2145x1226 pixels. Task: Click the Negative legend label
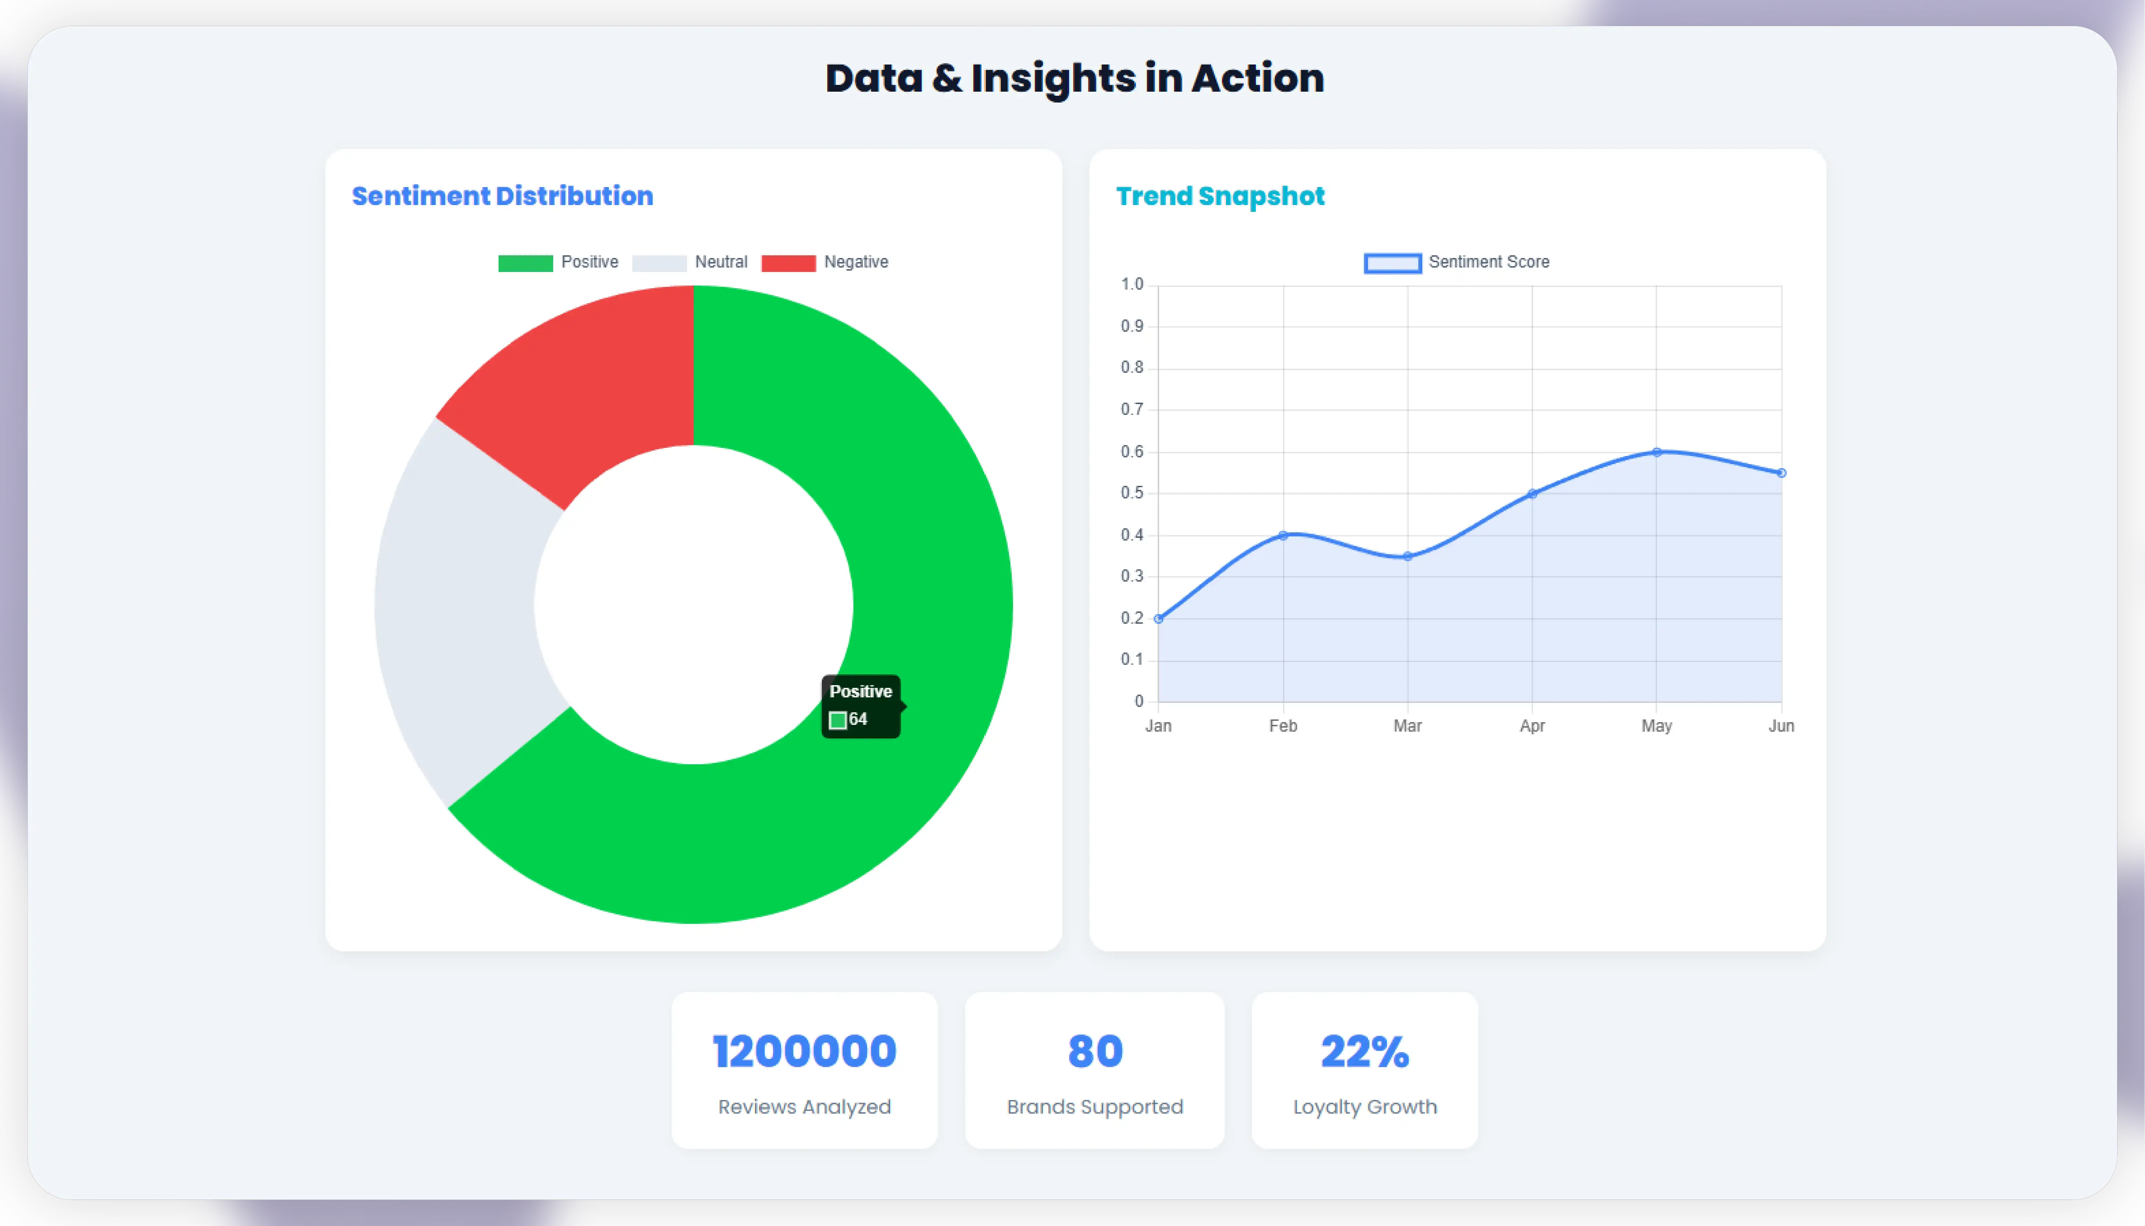click(x=855, y=262)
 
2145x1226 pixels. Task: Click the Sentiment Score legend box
click(x=1392, y=263)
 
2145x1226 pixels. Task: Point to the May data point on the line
click(x=1657, y=452)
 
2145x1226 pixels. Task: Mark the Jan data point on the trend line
click(x=1159, y=619)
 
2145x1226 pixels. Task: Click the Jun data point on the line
click(x=1781, y=473)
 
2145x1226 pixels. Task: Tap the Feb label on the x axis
click(x=1283, y=726)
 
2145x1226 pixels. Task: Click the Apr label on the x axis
click(x=1532, y=726)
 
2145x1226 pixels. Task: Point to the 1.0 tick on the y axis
click(x=1132, y=285)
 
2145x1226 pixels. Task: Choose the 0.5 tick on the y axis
click(x=1132, y=493)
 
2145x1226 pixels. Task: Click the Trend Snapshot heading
click(x=1220, y=196)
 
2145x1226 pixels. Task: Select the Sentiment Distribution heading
click(x=502, y=196)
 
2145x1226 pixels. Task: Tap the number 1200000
click(x=804, y=1052)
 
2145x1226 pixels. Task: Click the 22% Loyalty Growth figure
click(x=1364, y=1052)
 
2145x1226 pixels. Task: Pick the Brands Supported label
click(x=1095, y=1106)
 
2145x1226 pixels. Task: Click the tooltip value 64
click(x=857, y=719)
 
